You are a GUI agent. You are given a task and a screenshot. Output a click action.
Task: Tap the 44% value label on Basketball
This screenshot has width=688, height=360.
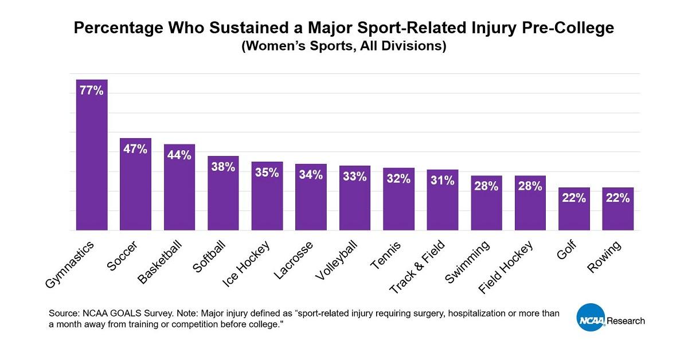(x=179, y=155)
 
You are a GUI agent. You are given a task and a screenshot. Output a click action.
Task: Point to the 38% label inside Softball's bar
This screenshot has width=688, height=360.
(x=223, y=167)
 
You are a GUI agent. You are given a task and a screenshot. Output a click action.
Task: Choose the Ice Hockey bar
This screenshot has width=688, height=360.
(x=267, y=201)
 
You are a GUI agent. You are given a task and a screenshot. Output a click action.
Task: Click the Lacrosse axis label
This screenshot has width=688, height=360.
(x=293, y=261)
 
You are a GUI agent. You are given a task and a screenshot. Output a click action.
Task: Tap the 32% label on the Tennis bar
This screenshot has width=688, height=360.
(x=398, y=179)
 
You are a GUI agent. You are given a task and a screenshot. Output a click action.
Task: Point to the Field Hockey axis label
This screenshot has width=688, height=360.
(x=505, y=268)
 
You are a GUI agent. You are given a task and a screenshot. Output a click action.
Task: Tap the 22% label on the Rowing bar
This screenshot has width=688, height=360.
(x=618, y=198)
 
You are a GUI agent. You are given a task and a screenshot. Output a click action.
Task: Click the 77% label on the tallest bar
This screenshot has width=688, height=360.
(x=92, y=90)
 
